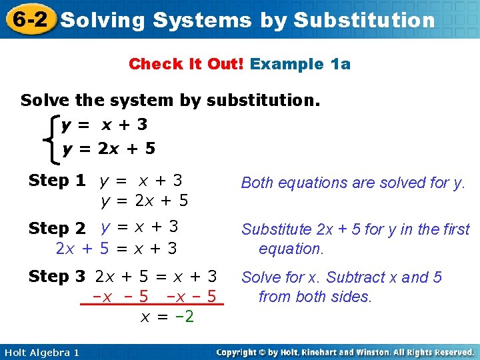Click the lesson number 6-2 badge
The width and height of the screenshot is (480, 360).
(28, 19)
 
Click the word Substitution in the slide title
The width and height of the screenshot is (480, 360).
(364, 20)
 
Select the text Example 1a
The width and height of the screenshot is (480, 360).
(300, 64)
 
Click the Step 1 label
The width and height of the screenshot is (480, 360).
(57, 181)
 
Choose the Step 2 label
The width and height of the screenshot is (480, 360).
(57, 229)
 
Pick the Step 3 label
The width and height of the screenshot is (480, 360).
(57, 276)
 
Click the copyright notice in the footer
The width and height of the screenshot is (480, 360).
(345, 353)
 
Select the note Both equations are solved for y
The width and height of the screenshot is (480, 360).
(353, 183)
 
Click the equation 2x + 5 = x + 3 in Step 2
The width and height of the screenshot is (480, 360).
(117, 249)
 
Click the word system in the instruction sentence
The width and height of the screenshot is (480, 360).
(147, 101)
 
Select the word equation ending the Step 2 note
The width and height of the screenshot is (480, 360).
(291, 249)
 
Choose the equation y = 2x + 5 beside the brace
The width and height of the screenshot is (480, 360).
(109, 148)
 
